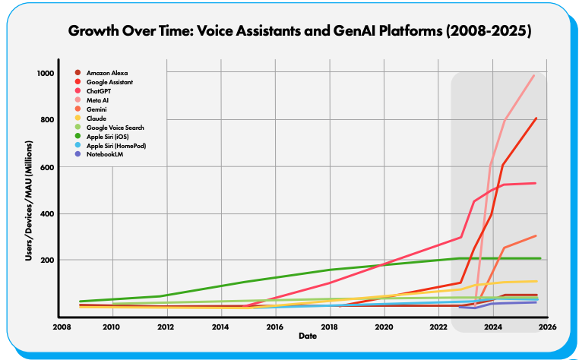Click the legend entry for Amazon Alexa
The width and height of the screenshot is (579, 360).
(106, 73)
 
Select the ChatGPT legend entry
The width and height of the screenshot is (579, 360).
(100, 91)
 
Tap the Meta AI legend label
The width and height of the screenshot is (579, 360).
(97, 100)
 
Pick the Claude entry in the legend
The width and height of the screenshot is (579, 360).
(96, 118)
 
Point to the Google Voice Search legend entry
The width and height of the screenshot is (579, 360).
(115, 128)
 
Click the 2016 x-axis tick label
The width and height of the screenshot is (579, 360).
(275, 327)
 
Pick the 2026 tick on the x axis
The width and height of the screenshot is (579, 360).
(548, 327)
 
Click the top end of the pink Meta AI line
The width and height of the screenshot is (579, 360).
(535, 75)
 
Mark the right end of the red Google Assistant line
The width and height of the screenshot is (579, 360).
(536, 118)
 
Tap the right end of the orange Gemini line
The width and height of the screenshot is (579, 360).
(536, 235)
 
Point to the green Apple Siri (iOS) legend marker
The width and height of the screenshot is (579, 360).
(77, 137)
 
